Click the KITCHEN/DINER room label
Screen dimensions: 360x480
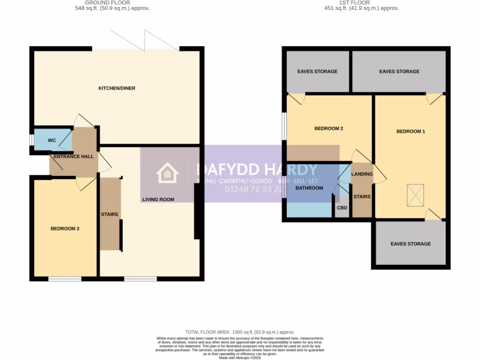[x=117, y=88]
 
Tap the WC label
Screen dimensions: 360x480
[x=52, y=141]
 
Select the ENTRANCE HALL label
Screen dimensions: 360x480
[x=74, y=157]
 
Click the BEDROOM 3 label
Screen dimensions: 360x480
[x=65, y=229]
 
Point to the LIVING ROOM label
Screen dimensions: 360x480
[x=158, y=200]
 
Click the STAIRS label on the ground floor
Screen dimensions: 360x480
[x=109, y=215]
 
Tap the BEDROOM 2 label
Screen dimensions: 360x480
[x=329, y=128]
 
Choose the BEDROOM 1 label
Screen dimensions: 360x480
[x=411, y=131]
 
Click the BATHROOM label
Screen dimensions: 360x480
[x=309, y=188]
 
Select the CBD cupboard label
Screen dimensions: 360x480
[x=342, y=208]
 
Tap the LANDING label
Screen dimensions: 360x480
[x=362, y=174]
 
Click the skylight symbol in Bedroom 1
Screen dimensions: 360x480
[x=414, y=195]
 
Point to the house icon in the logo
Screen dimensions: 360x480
[x=167, y=173]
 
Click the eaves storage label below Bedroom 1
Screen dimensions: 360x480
[x=411, y=244]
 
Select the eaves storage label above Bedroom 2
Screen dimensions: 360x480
[x=317, y=72]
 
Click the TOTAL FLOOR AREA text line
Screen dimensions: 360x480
[x=240, y=332]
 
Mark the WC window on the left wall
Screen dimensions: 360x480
[x=31, y=141]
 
